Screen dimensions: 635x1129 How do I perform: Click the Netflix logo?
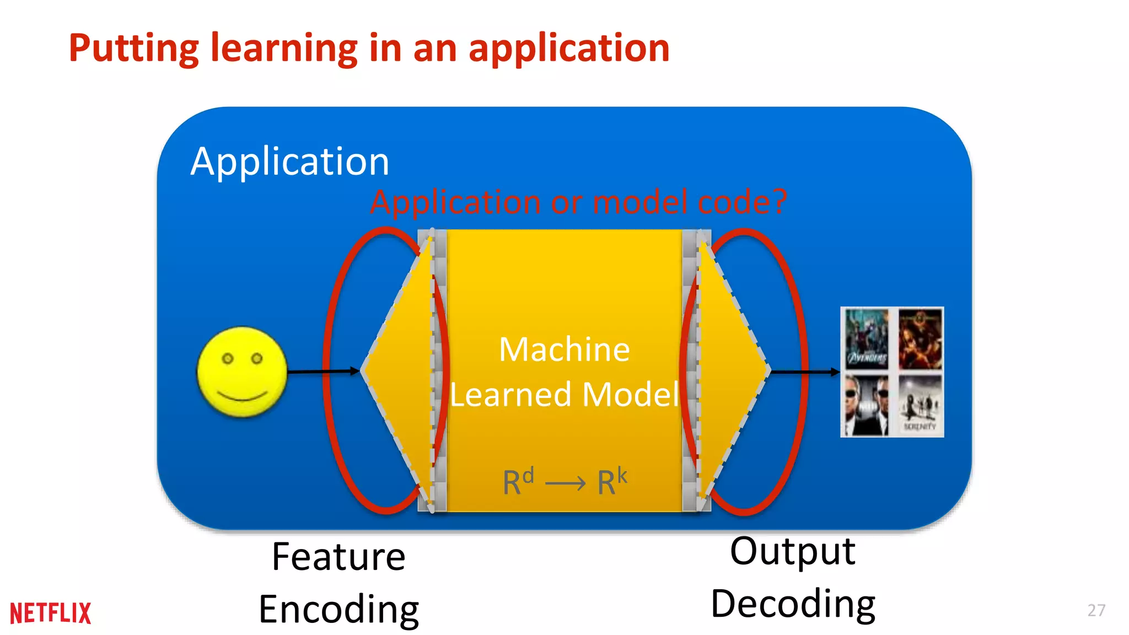[50, 613]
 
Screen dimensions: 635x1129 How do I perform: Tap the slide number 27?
[1096, 610]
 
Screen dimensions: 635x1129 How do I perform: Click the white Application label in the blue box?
[290, 162]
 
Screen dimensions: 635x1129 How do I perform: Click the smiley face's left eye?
[228, 359]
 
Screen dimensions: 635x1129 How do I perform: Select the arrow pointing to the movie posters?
[805, 372]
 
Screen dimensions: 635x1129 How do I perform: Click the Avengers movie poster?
[867, 338]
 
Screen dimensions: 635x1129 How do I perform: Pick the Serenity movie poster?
[920, 406]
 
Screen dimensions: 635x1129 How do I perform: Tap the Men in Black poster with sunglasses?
[867, 406]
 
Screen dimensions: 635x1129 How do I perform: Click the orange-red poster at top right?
[920, 338]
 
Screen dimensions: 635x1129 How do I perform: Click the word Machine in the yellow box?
[564, 349]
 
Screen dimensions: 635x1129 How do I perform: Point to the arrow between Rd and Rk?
[565, 484]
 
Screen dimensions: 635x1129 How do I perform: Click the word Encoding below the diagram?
[338, 610]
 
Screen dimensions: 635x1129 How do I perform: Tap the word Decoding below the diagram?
[793, 604]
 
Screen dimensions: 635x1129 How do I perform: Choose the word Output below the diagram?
[793, 551]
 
